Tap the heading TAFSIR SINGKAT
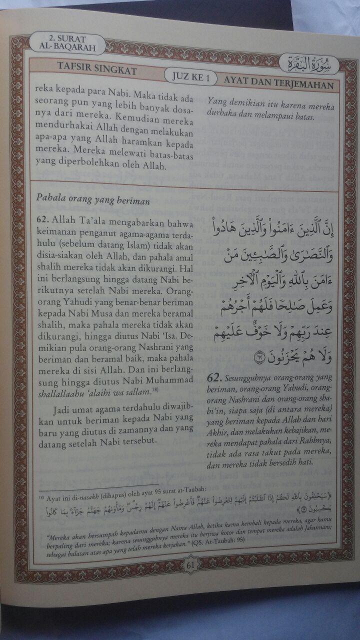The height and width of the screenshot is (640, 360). coord(97,70)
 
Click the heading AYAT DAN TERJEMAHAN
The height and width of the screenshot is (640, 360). coord(278,84)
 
